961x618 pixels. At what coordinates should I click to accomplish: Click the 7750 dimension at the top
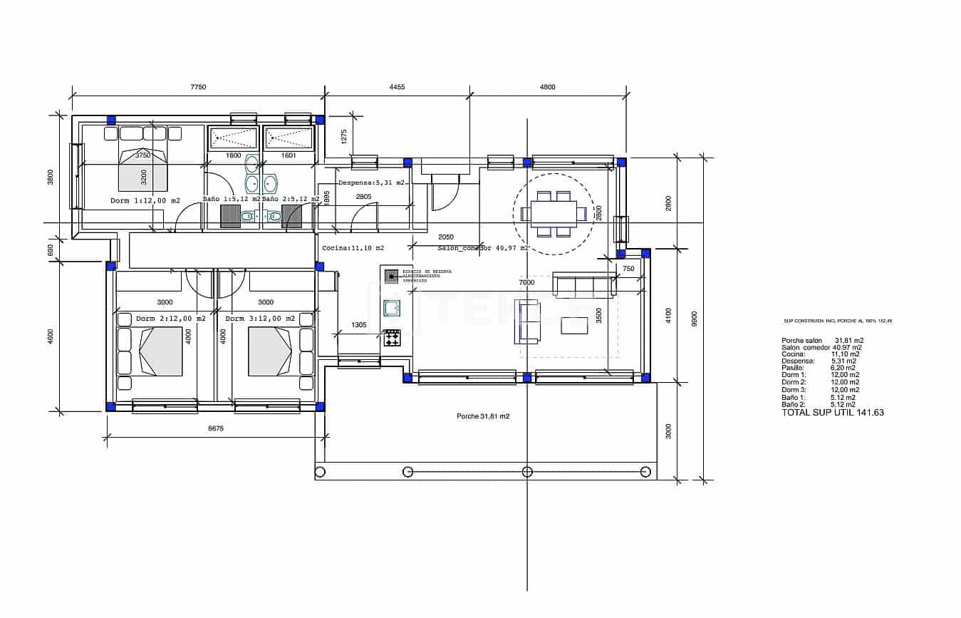point(198,87)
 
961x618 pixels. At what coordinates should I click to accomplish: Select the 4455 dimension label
point(397,87)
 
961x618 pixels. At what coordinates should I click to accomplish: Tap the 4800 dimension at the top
point(547,87)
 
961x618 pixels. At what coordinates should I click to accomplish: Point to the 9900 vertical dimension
point(695,318)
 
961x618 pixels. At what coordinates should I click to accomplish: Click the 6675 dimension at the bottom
point(216,428)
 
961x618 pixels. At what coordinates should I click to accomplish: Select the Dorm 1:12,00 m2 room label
point(145,200)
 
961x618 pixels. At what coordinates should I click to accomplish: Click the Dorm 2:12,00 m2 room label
point(170,319)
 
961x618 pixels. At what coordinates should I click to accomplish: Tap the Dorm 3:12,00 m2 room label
point(260,319)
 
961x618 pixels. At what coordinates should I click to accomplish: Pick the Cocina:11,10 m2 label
point(353,248)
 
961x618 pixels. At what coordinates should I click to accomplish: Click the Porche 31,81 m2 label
point(483,416)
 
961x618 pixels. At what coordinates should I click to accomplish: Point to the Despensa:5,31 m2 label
point(371,182)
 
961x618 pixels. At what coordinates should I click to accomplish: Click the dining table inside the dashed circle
point(553,213)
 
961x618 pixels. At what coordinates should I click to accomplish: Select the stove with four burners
point(393,338)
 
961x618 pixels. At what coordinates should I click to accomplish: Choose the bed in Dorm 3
point(270,351)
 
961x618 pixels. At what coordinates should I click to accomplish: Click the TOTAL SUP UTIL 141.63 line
point(832,413)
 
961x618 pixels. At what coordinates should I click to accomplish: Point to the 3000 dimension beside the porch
point(668,431)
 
